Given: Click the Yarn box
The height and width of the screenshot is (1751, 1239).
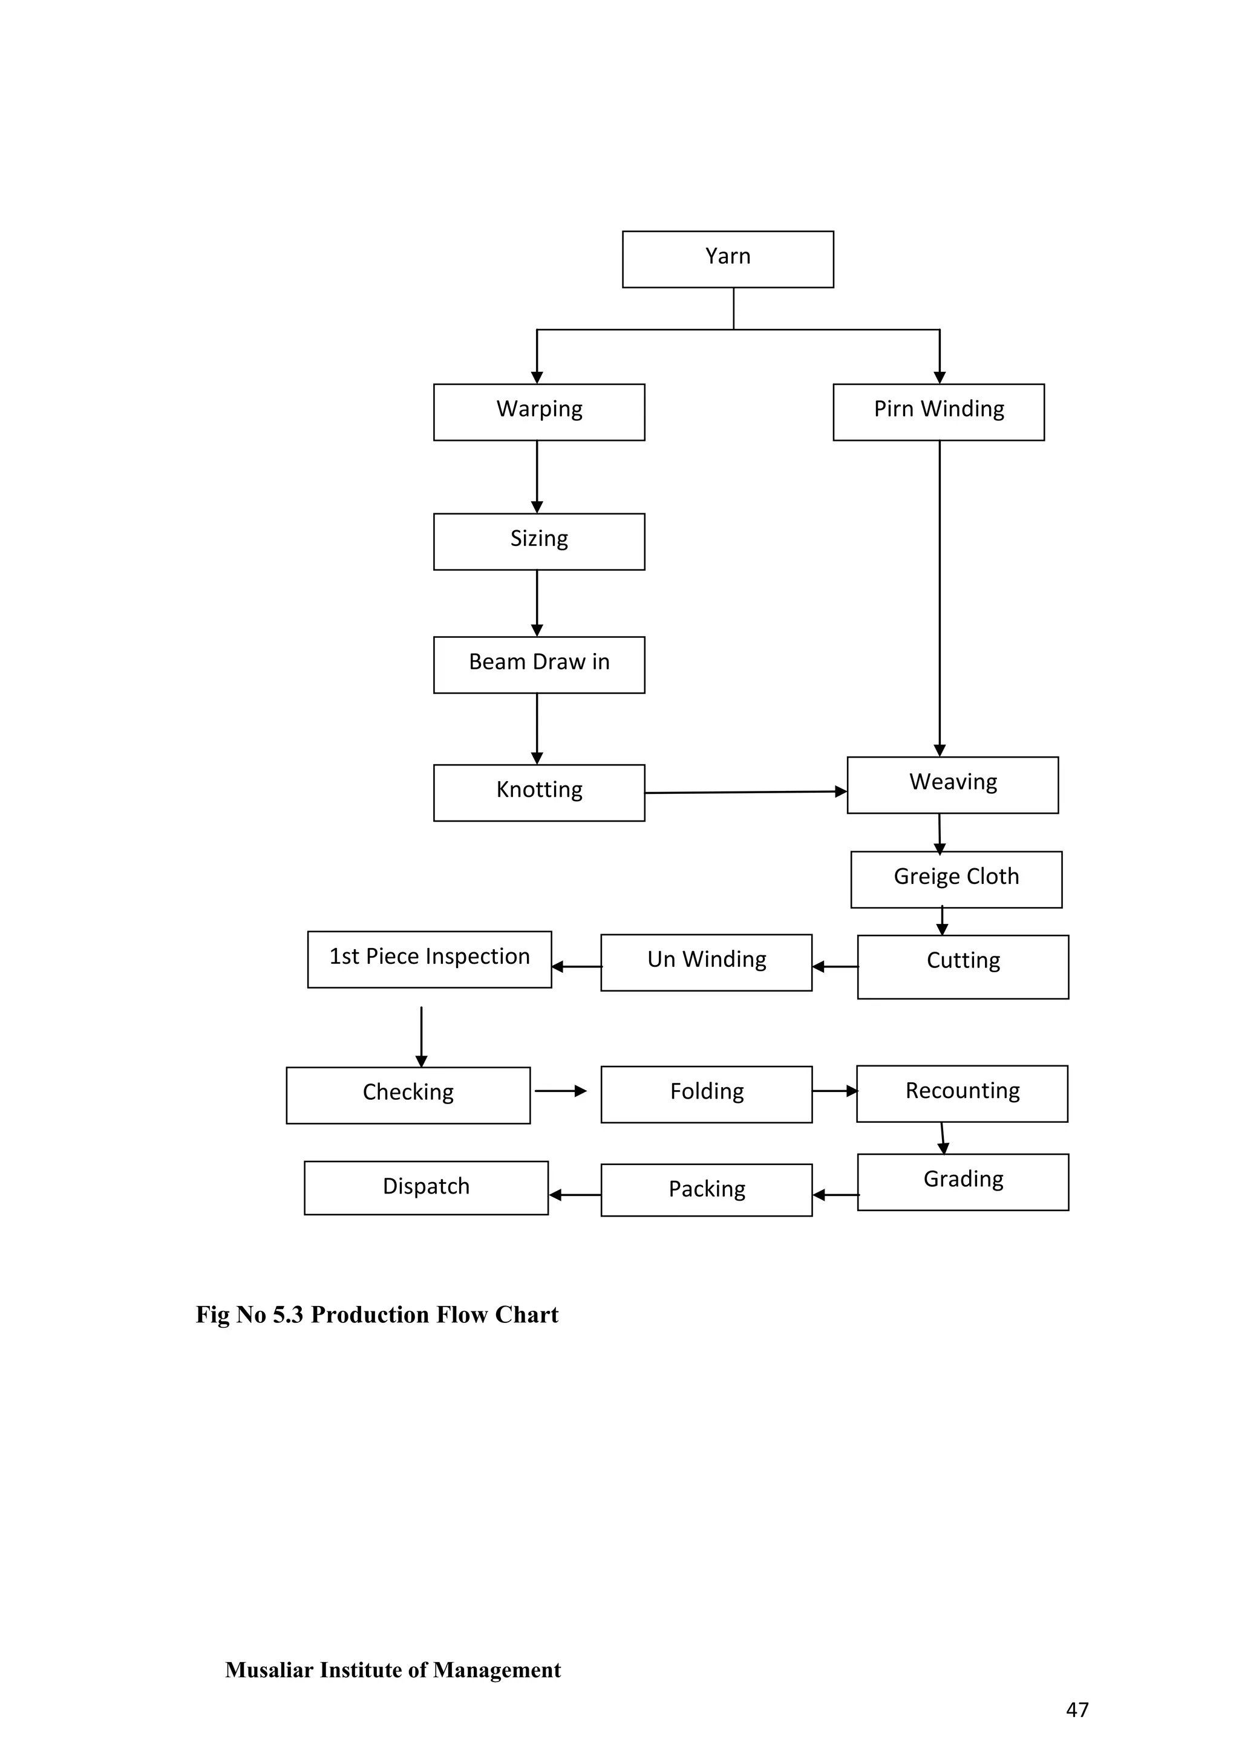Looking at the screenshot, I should pos(728,259).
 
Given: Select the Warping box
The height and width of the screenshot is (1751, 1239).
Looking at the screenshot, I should pos(538,412).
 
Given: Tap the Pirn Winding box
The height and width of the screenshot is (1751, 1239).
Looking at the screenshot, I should pos(938,412).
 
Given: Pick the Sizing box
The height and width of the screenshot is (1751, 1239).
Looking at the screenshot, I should pos(538,542).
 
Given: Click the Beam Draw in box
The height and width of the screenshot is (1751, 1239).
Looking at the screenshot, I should pos(538,664).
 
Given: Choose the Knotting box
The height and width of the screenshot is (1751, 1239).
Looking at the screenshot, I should pos(538,793).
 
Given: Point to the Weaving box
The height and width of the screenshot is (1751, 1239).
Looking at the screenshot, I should pos(952,785).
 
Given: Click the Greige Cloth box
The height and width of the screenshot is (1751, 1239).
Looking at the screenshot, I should pos(956,879).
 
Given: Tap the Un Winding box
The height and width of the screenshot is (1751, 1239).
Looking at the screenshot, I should pos(706,963).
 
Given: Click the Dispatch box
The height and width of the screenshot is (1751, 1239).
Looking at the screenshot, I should pos(426,1187).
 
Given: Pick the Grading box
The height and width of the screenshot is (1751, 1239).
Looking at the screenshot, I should pos(963,1181).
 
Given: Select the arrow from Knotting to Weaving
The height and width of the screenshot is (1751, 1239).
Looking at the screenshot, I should pos(745,793).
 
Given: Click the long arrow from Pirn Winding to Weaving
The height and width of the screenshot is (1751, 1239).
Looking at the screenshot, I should pos(939,599).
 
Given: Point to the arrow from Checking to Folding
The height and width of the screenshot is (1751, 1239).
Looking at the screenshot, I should pos(560,1091).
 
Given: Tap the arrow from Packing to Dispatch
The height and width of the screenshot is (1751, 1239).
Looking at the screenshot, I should pos(575,1194).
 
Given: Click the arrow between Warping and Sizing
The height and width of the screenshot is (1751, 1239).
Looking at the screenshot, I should pos(537,476).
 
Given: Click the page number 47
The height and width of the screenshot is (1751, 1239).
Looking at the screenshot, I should pos(1076,1709).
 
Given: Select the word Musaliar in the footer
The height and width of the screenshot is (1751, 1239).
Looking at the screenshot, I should pos(269,1670).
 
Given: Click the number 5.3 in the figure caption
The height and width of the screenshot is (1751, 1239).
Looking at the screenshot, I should pos(287,1315).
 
